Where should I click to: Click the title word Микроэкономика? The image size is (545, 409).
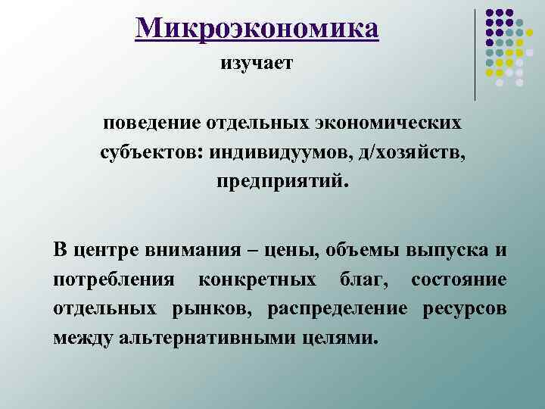point(257,29)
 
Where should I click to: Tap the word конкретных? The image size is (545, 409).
point(257,280)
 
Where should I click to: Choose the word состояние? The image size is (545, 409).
point(459,280)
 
